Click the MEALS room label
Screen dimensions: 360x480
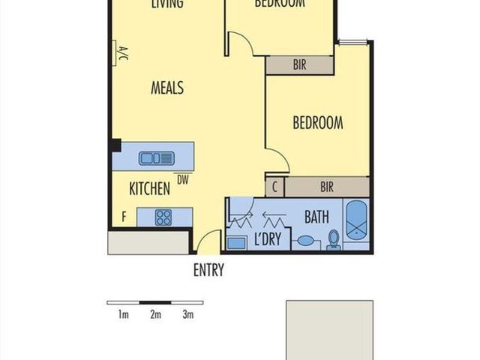pos(166,88)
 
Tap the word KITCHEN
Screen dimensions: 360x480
pos(149,189)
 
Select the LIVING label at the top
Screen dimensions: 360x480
pos(166,4)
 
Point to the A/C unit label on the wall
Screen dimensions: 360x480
pos(122,54)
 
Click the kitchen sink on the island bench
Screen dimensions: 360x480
pos(156,157)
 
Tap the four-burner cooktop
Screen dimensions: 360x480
pos(163,217)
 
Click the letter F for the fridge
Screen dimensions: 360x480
pos(124,217)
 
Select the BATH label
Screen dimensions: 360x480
pos(316,217)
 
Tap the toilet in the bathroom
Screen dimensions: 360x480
pos(334,239)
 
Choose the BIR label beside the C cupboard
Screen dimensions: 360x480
pos(326,187)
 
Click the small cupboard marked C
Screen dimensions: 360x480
pos(275,187)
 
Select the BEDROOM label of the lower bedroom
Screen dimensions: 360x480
pos(317,123)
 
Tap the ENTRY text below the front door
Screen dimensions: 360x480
pos(208,271)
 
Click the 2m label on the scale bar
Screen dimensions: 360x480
pos(155,314)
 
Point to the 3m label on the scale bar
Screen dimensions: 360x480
pos(187,314)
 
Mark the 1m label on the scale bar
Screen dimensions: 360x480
pos(123,314)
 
